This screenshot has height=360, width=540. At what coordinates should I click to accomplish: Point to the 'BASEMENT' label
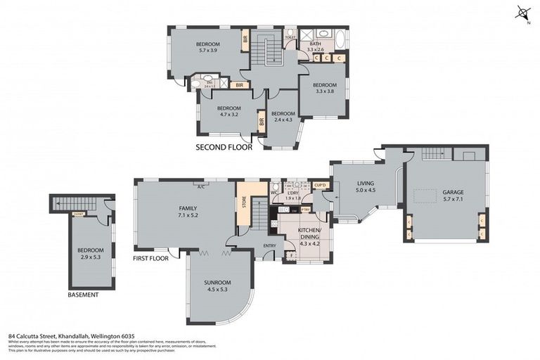[x=83, y=295]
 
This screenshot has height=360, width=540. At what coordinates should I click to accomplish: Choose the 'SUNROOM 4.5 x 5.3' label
[x=218, y=286]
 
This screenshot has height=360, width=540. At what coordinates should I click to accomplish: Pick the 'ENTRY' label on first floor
[x=270, y=245]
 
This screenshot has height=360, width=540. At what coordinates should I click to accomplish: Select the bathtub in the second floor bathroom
[x=340, y=39]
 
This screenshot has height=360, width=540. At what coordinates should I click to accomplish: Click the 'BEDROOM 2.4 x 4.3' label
[x=283, y=117]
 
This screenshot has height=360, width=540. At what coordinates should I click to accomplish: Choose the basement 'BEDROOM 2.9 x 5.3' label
[x=91, y=254]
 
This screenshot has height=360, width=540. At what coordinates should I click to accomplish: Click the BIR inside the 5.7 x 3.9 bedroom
[x=245, y=39]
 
